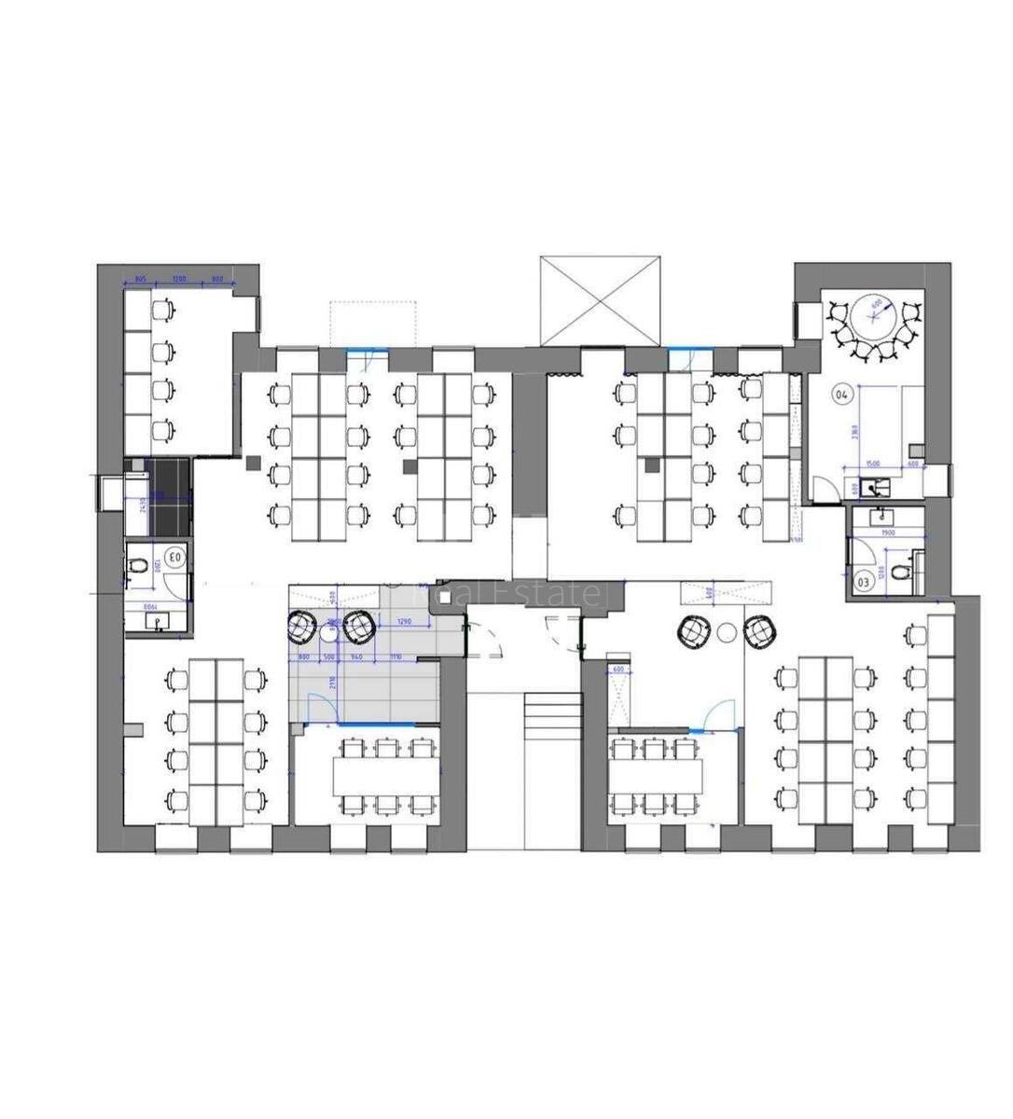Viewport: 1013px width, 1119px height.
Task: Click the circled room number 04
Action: [841, 394]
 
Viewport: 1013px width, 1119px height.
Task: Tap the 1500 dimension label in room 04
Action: [872, 463]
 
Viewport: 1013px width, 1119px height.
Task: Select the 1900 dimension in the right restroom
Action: [888, 532]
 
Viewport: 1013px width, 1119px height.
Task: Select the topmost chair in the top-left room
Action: [164, 307]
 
